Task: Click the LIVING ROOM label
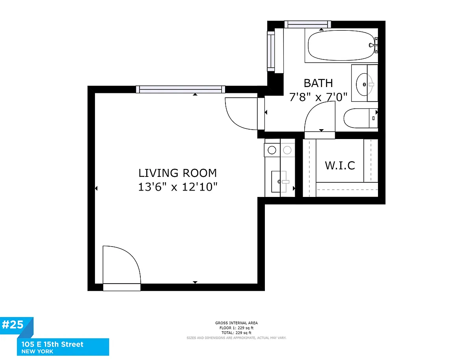point(177,173)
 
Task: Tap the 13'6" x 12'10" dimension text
point(177,187)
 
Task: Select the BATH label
point(318,83)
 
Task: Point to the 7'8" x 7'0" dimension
point(318,97)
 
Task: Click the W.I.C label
point(340,165)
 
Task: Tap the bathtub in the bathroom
point(341,45)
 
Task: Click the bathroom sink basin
point(364,84)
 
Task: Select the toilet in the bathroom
point(361,119)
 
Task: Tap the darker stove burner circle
point(272,150)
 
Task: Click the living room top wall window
point(181,89)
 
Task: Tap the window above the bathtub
point(308,24)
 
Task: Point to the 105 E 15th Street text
point(52,344)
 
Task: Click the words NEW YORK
point(37,352)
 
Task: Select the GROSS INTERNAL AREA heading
point(236,323)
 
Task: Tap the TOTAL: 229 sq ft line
point(236,333)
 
